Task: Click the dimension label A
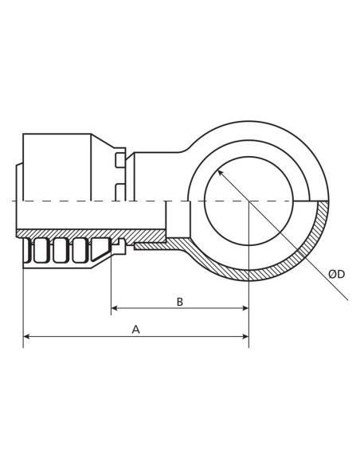pyautogui.click(x=135, y=328)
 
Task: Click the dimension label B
pyautogui.click(x=179, y=301)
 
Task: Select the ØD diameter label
pyautogui.click(x=336, y=274)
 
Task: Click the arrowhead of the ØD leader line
pyautogui.click(x=221, y=171)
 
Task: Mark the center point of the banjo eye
pyautogui.click(x=249, y=201)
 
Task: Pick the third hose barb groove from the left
pyautogui.click(x=80, y=252)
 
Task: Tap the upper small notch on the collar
pyautogui.click(x=120, y=161)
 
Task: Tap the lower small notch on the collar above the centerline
pyautogui.click(x=120, y=189)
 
